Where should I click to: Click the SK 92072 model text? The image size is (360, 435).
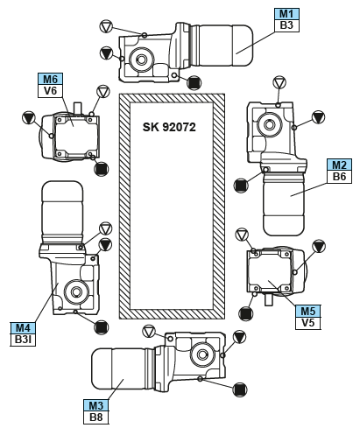tap(169, 127)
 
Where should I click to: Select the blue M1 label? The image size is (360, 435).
tap(286, 14)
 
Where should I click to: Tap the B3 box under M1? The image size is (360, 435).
tap(286, 25)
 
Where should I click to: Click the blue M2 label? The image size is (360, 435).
tap(339, 165)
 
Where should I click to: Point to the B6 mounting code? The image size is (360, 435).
tap(339, 177)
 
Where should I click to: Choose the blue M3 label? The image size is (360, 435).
tap(96, 405)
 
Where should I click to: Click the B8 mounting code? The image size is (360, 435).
tap(96, 417)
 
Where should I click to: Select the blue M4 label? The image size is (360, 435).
tap(23, 328)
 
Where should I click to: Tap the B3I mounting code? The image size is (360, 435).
tap(23, 340)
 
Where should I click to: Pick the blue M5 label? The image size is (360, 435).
tap(308, 312)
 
